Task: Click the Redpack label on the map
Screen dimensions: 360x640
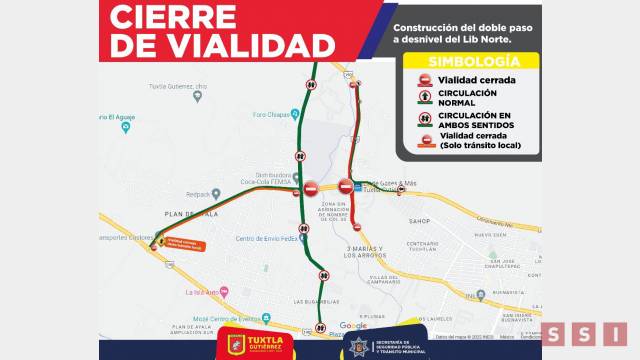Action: click(x=196, y=194)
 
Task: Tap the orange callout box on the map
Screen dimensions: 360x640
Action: click(x=187, y=243)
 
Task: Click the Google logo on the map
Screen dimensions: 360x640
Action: click(x=353, y=325)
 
